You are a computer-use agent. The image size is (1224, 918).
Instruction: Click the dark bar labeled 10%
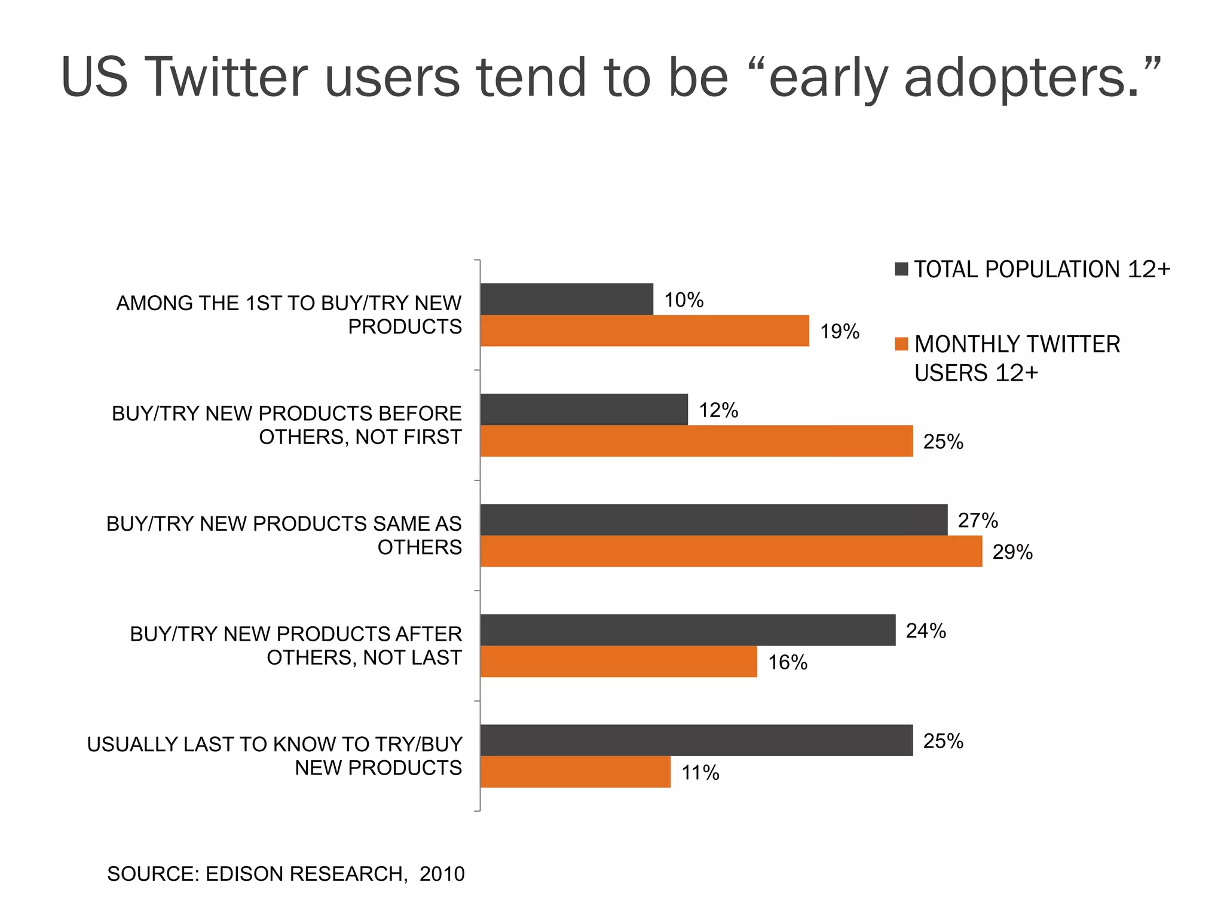click(567, 299)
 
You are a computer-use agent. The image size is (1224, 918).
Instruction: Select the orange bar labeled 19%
click(644, 331)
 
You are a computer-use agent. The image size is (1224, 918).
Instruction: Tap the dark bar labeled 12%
click(584, 409)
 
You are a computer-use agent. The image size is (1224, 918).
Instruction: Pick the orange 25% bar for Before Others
click(696, 441)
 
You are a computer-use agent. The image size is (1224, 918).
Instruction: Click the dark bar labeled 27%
click(714, 519)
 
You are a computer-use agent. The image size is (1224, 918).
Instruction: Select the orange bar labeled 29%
click(731, 551)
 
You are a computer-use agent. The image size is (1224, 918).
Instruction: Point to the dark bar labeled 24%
click(687, 630)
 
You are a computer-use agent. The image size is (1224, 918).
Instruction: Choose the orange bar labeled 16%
click(619, 662)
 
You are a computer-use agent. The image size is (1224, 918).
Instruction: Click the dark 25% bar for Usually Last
click(696, 740)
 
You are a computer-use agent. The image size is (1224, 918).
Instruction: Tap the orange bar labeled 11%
click(575, 772)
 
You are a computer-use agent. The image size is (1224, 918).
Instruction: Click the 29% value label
click(1012, 552)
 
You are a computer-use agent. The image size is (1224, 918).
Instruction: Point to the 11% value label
click(700, 773)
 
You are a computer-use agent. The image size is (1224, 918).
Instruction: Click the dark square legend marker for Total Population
click(901, 269)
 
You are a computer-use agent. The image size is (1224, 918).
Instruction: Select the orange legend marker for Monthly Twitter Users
click(901, 344)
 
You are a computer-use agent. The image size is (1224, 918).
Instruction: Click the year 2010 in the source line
click(442, 874)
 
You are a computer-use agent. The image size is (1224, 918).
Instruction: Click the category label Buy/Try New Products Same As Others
click(284, 535)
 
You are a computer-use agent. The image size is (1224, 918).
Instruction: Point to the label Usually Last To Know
click(274, 755)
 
